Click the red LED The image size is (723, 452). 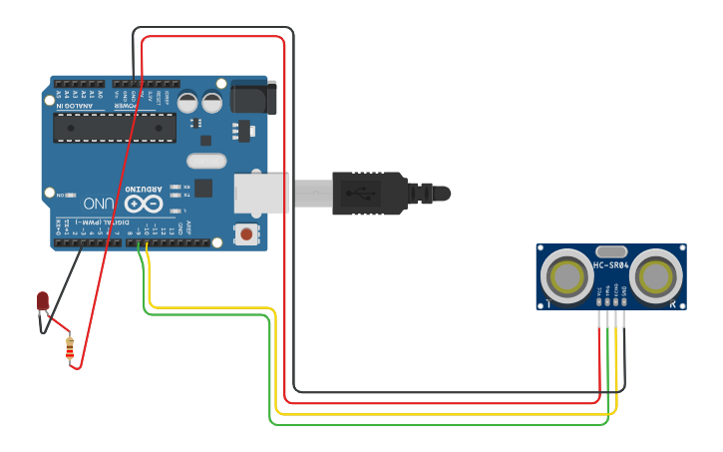coord(43,300)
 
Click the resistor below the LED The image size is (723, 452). coord(70,347)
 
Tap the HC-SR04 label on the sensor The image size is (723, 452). coord(610,265)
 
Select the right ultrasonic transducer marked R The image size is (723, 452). coord(654,274)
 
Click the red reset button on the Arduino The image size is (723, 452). coord(245,234)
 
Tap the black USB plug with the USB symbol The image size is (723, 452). coord(369,193)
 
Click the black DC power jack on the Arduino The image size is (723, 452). coord(251,98)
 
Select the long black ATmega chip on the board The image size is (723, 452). coord(115,128)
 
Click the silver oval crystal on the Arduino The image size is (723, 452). coord(206,161)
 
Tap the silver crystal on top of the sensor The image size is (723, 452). coord(611,251)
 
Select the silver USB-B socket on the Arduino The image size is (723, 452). coord(261,193)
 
